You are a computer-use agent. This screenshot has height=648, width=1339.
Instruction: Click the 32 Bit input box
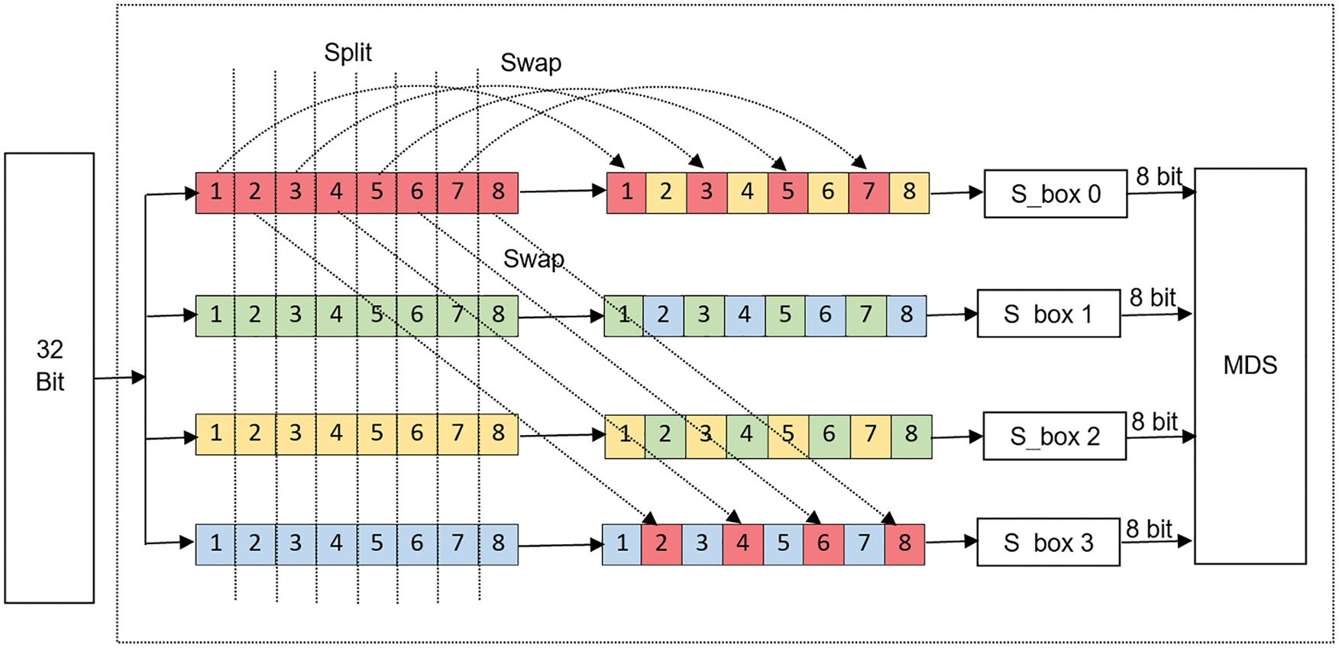pos(50,378)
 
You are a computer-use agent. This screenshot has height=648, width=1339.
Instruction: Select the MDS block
pos(1250,366)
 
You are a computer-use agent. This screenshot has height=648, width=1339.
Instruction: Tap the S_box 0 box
pos(1055,194)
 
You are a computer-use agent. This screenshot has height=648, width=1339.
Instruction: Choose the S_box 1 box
pos(1048,314)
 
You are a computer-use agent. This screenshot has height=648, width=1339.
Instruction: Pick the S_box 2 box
pos(1054,437)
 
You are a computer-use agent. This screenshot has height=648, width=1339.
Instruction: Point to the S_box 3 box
pos(1048,543)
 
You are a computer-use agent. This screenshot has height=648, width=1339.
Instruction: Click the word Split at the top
pos(348,53)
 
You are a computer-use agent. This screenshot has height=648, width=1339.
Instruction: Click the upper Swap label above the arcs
pos(531,63)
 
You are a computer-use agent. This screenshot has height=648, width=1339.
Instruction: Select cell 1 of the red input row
pos(215,192)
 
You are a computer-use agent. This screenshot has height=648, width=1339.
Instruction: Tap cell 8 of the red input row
pos(498,192)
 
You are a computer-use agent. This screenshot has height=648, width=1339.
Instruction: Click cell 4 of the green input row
pos(336,315)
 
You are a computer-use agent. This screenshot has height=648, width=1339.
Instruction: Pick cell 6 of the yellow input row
pos(417,434)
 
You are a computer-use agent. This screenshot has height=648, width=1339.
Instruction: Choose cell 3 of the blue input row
pos(296,544)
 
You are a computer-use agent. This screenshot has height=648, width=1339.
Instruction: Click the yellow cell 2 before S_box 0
pos(666,192)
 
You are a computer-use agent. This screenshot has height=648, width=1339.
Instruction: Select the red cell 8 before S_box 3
pos(904,544)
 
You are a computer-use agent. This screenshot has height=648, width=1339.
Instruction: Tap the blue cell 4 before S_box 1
pos(745,315)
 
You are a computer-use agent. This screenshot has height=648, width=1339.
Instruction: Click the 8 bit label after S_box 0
pos(1159,177)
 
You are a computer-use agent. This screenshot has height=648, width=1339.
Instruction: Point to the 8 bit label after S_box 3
pos(1149,529)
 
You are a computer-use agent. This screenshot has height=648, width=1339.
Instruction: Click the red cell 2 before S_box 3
pos(661,544)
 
